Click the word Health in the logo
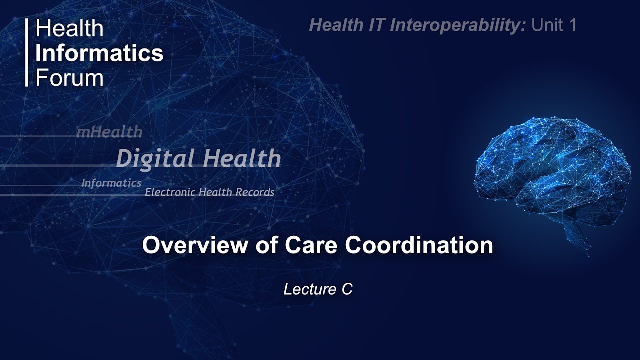[69, 29]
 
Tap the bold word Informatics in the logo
[99, 53]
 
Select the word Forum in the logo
[69, 77]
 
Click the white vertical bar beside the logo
[27, 53]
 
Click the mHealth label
[109, 132]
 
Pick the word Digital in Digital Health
[151, 159]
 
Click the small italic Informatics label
[111, 183]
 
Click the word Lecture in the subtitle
[310, 289]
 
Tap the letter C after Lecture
[347, 289]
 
